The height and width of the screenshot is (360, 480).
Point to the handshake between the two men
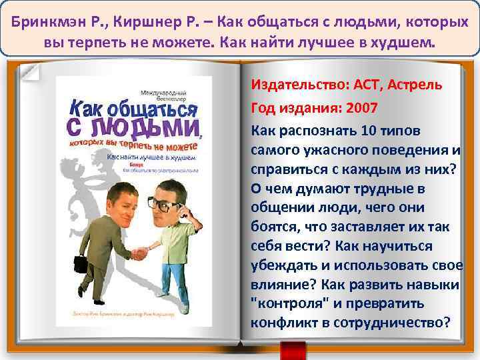tap(139, 253)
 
